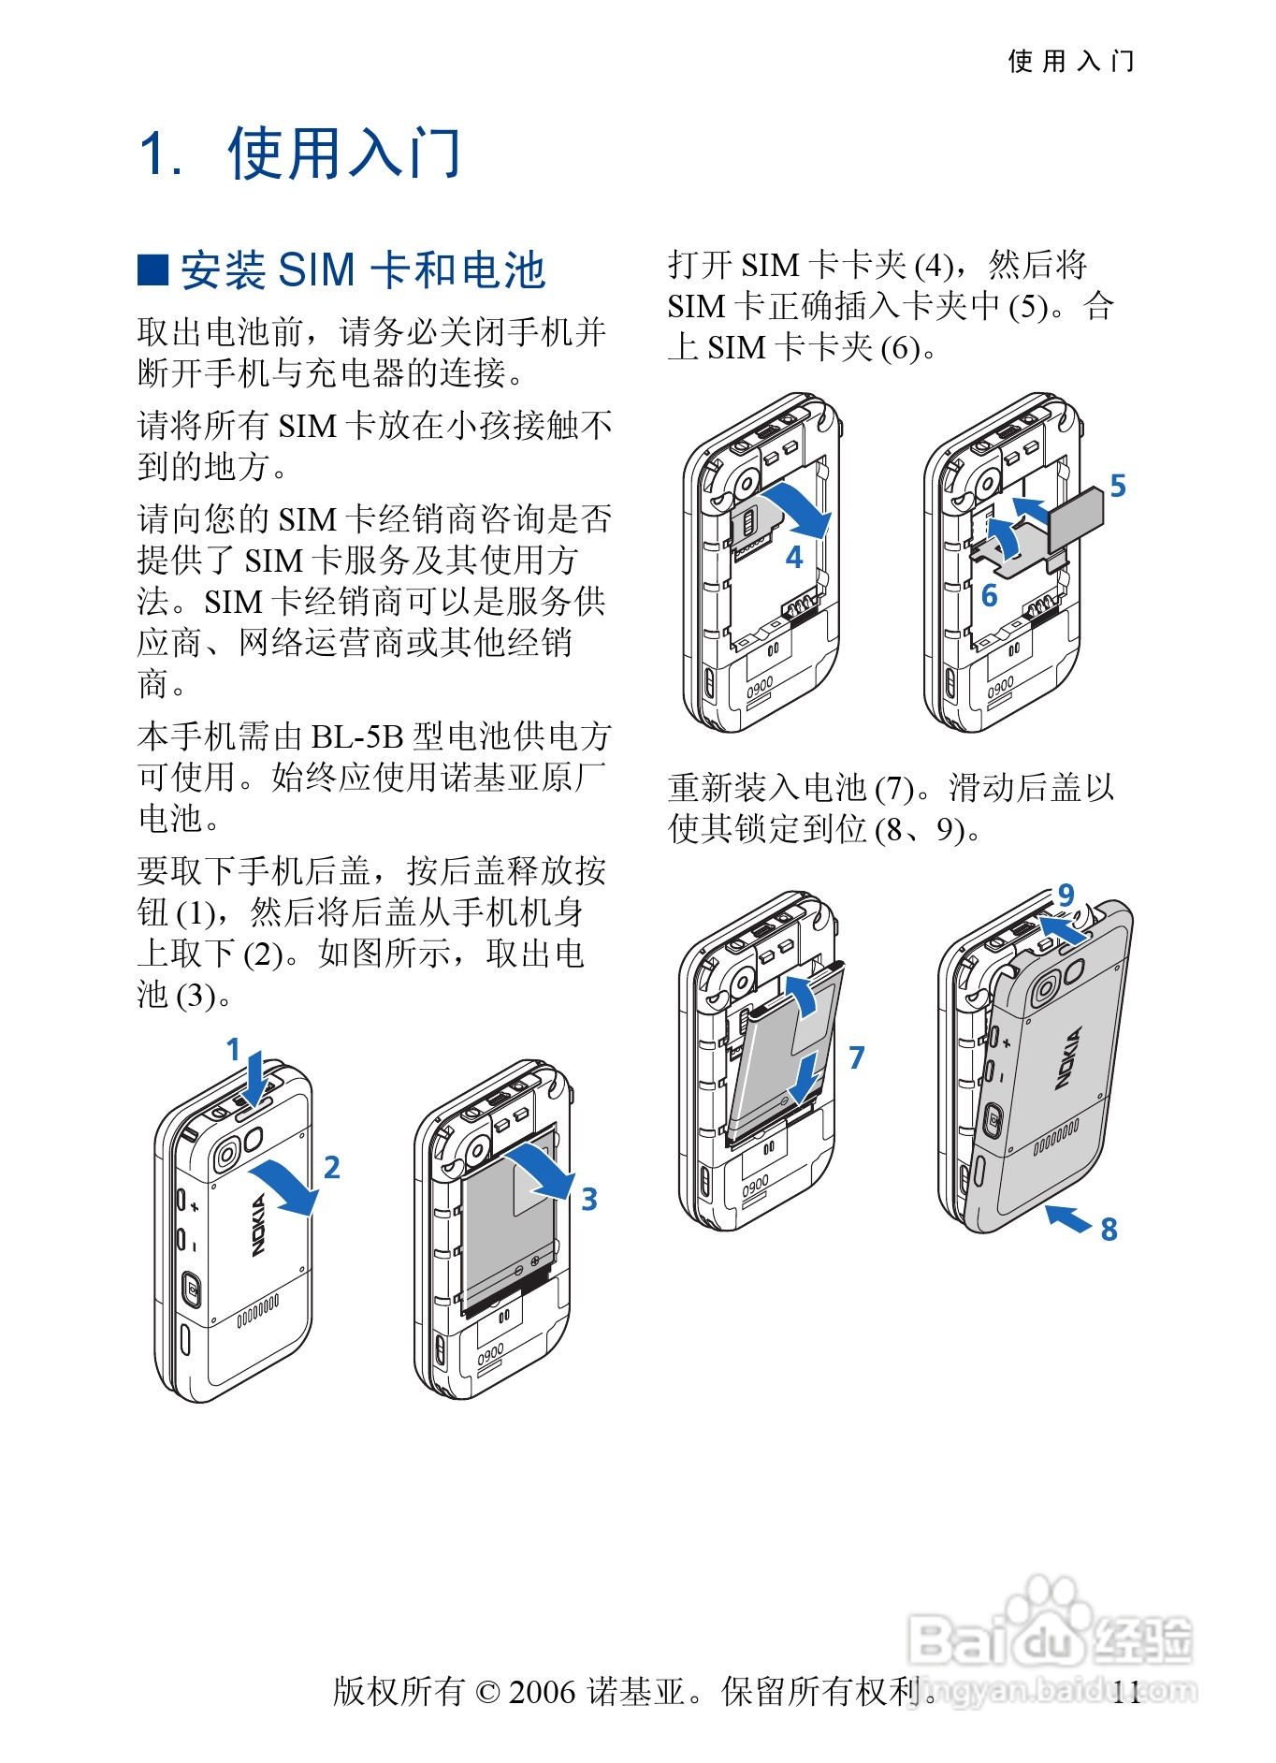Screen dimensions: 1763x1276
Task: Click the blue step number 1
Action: (234, 1050)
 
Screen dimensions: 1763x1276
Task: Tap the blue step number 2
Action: (332, 1167)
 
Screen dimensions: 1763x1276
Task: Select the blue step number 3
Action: (589, 1199)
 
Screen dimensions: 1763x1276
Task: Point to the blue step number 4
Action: (794, 558)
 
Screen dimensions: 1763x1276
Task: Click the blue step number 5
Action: (1118, 486)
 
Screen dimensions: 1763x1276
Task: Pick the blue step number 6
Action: (989, 595)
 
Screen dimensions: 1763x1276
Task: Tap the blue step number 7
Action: (857, 1057)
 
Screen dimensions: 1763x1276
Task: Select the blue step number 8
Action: (1109, 1229)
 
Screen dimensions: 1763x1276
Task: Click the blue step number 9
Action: (1066, 895)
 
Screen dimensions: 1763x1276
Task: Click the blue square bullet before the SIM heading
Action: (152, 270)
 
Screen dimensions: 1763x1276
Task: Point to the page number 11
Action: (1126, 1692)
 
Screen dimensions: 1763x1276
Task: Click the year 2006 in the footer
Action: (543, 1692)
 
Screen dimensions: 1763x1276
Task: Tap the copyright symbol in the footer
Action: (487, 1692)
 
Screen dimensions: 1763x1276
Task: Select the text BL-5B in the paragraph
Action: (358, 736)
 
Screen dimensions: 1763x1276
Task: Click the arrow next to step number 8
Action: (1068, 1217)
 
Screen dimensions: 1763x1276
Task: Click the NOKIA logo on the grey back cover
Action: (1068, 1057)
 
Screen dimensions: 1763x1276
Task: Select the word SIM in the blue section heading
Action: (317, 270)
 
